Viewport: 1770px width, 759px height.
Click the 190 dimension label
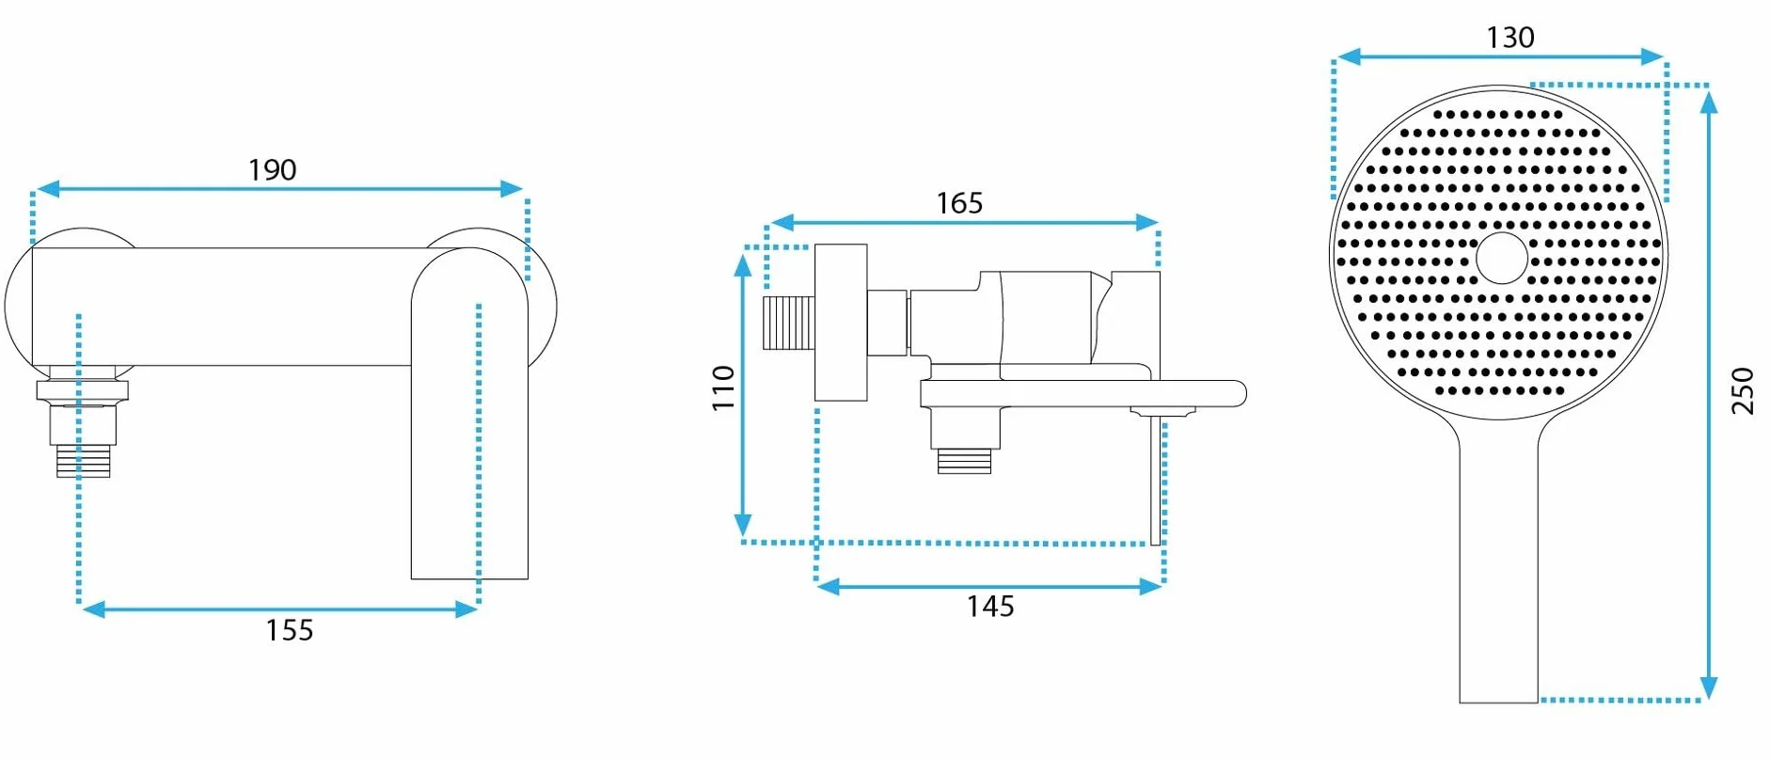tap(272, 170)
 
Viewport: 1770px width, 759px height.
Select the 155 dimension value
tap(289, 630)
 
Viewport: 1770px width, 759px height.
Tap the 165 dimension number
tap(959, 203)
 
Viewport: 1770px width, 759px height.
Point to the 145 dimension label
tap(990, 607)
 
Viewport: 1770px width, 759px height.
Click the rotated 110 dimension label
tap(722, 387)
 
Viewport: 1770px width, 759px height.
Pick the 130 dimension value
tap(1510, 38)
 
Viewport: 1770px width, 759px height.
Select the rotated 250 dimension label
tap(1743, 391)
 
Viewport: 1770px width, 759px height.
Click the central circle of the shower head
tap(1502, 258)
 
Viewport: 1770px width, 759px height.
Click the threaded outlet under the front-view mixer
tap(83, 461)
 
